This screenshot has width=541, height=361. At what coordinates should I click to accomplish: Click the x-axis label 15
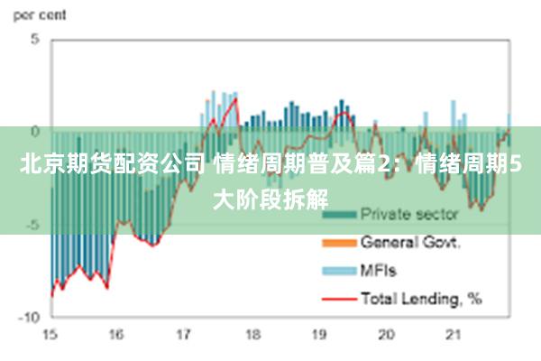coord(50,335)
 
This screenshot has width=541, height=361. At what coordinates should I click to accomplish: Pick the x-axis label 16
coord(116,335)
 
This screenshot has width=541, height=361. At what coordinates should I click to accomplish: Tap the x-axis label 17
coord(184,335)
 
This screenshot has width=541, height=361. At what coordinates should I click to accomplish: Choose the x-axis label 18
coord(252,335)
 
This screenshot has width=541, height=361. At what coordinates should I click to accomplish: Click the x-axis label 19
coord(318,335)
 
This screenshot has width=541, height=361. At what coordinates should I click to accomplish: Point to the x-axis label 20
coord(386,335)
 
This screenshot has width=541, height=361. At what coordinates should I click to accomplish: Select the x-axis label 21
coord(454,335)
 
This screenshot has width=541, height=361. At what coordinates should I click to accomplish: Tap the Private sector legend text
coord(409,215)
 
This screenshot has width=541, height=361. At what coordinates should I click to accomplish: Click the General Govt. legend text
coord(411,242)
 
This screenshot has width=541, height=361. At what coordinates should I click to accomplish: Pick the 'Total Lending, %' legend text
coord(421,297)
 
